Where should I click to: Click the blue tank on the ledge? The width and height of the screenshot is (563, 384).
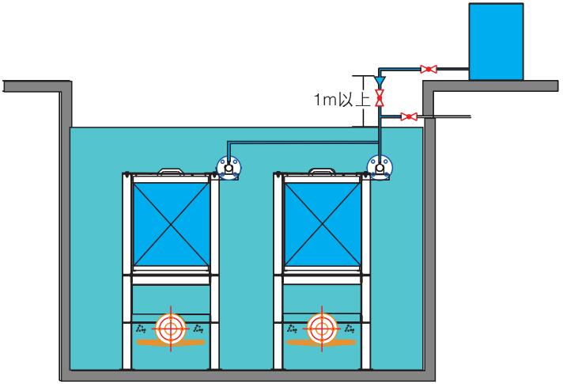coord(496,40)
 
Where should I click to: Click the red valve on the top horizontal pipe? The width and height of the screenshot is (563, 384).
coord(428,69)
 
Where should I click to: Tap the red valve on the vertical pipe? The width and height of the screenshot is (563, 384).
coord(380,98)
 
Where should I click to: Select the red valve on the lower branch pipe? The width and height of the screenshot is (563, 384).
coord(408,117)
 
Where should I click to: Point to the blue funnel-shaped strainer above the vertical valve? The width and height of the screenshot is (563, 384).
coord(380,81)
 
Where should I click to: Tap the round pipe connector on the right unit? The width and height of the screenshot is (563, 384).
coord(380,167)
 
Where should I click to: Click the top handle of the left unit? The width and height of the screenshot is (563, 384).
coord(170,170)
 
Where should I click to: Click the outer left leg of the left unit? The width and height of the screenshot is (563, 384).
coord(125,269)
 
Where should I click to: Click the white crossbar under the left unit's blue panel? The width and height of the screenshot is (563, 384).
coord(170,276)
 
